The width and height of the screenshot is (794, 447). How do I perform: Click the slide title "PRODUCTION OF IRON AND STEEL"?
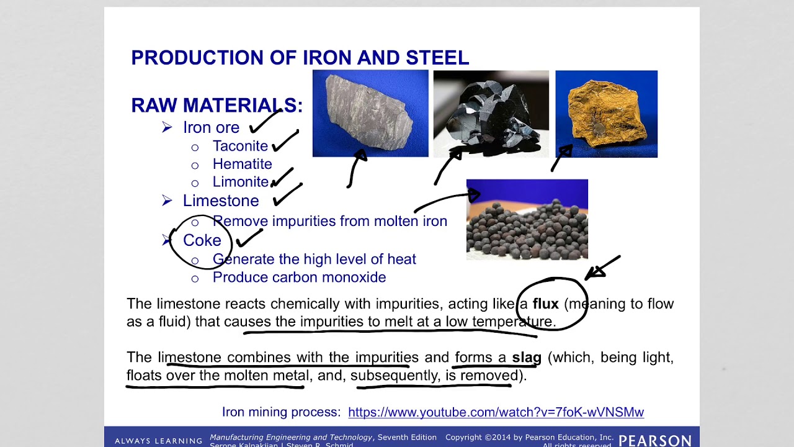coord(300,58)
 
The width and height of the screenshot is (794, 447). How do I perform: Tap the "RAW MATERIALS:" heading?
coord(216,105)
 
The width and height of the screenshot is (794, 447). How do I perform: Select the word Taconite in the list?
coord(240,146)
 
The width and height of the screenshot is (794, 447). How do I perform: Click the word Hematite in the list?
coord(242,164)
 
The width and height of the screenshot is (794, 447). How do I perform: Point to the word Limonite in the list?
coord(240,182)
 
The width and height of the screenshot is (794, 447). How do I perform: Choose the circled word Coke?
coord(202,240)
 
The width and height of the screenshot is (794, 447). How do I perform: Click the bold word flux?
coord(545,304)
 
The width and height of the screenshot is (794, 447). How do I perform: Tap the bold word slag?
coord(527,358)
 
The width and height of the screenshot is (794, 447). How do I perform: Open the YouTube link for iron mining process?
coord(496,412)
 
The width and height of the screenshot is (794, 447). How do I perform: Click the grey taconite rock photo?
coord(370,113)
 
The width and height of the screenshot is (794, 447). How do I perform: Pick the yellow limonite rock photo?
coord(606,114)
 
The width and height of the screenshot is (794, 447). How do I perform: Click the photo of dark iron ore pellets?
coord(527,219)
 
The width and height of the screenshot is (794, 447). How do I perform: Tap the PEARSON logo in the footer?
coord(654,440)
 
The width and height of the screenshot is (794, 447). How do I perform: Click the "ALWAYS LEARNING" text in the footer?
coord(158,441)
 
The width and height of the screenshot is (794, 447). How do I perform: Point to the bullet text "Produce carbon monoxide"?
coord(299,278)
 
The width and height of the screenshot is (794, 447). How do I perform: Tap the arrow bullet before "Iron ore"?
coord(167,127)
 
